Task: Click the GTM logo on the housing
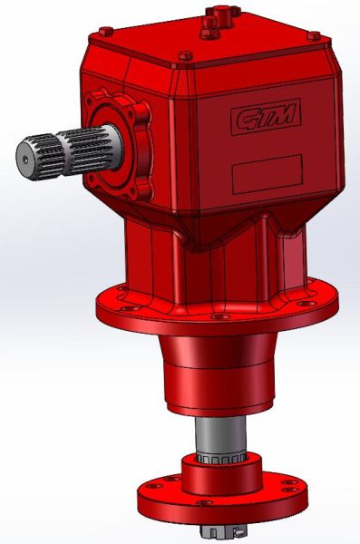(266, 117)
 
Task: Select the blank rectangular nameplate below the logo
(268, 174)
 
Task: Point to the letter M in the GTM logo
(283, 114)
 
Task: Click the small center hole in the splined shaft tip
(24, 160)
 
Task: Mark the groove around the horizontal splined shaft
(60, 155)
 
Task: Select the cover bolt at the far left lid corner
(105, 32)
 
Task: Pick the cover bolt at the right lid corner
(314, 36)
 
